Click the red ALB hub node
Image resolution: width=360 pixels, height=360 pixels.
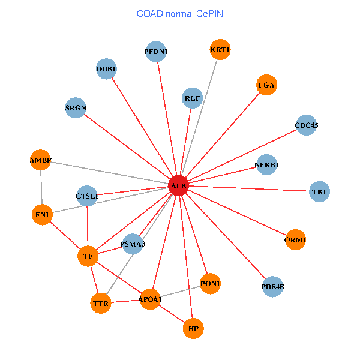tap(179, 186)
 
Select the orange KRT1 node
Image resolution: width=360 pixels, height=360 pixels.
tap(220, 50)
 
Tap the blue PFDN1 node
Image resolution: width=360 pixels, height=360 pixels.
tap(156, 52)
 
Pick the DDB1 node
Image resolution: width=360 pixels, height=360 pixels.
tap(106, 69)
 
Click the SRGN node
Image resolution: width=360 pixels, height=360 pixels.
tap(76, 108)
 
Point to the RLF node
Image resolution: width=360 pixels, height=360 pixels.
tap(193, 98)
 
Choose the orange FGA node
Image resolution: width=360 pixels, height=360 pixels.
tap(266, 85)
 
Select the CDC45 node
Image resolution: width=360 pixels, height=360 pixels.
tap(306, 125)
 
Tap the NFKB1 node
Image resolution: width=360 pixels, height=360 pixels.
tap(266, 164)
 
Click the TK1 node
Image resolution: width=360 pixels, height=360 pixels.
tap(319, 192)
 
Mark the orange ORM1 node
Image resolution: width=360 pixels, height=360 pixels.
tap(295, 240)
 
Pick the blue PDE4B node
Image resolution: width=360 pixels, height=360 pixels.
tap(273, 287)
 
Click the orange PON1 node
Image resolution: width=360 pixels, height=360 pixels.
tap(210, 283)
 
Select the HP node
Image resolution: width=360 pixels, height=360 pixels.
tap(193, 329)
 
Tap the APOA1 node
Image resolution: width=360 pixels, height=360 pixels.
tap(150, 299)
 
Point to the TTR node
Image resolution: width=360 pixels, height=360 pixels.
tap(101, 304)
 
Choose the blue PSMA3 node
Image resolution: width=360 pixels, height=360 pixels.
tap(133, 244)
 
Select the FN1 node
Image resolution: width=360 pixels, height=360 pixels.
tap(42, 214)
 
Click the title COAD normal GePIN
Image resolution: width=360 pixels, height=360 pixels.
tap(180, 13)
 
